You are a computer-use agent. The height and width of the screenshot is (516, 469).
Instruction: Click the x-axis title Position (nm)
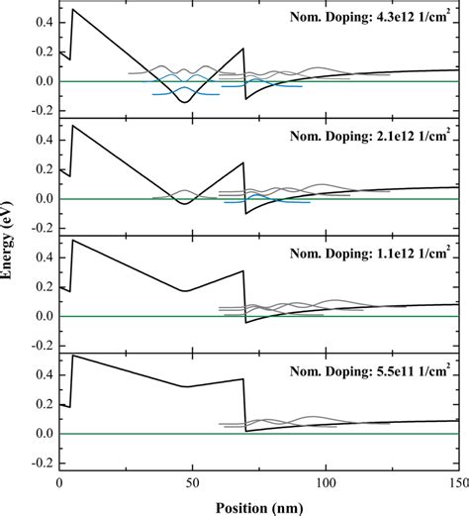pos(259,507)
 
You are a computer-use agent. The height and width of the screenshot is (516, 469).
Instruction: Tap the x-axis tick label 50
pos(193,486)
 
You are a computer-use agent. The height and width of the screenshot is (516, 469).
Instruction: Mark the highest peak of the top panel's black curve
pos(73,10)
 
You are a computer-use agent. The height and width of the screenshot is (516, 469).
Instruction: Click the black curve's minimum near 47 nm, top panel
pos(184,102)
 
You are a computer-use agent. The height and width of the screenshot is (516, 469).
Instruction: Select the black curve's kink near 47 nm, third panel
pos(185,290)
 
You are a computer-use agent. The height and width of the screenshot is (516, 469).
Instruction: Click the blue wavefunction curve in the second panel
pos(267,200)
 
